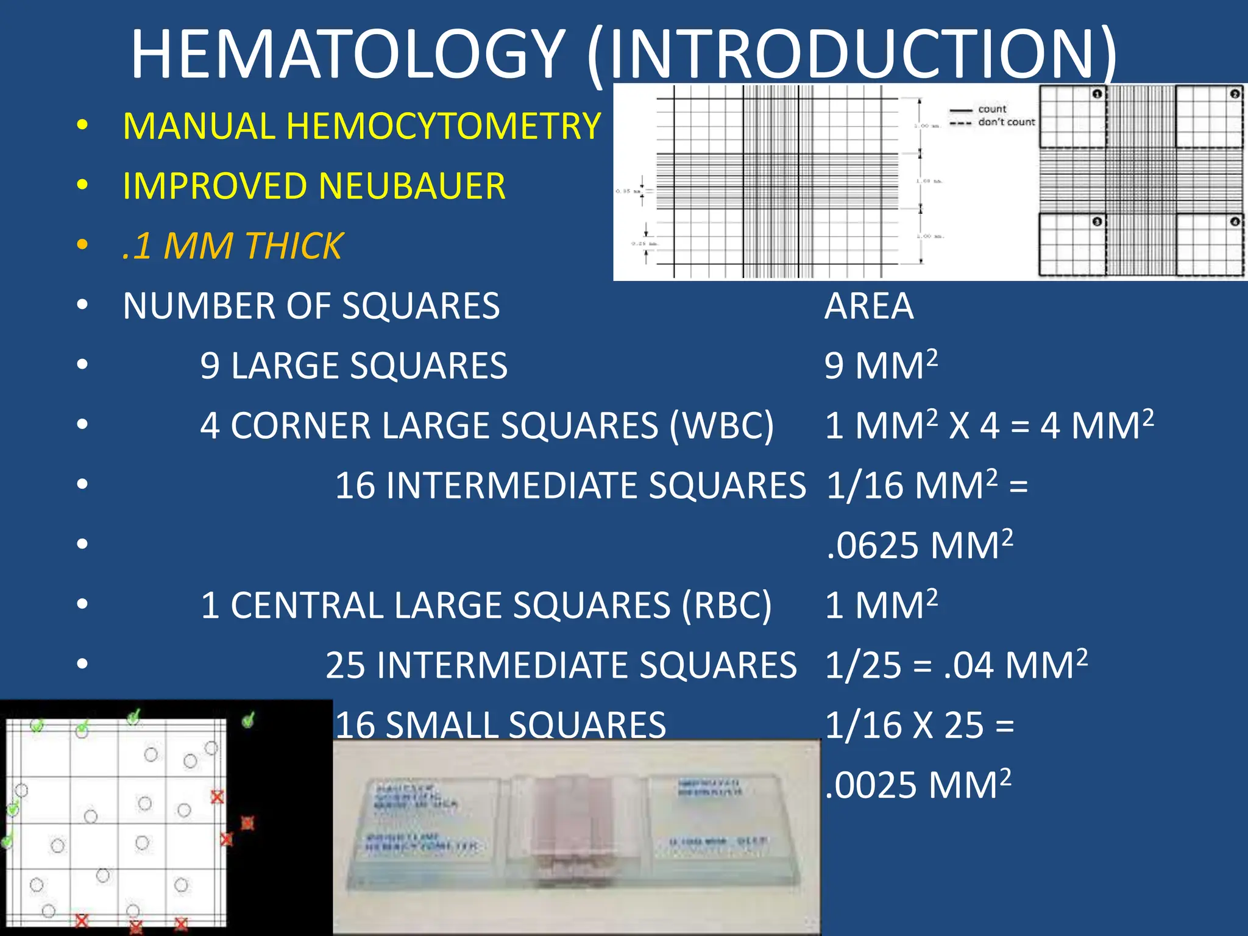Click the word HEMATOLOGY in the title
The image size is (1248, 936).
347,55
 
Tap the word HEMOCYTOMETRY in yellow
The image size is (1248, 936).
443,126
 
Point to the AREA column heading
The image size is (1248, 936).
868,306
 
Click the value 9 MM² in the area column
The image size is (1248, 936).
881,366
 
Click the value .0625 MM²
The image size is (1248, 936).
919,545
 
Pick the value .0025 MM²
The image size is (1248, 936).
918,784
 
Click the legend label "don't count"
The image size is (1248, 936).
1006,122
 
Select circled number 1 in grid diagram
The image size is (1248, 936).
1097,94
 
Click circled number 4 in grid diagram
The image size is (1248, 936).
1235,222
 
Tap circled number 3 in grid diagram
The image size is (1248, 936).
1097,222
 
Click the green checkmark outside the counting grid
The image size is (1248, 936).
248,720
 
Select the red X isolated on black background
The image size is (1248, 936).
247,823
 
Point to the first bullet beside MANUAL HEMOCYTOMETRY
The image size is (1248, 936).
82,126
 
